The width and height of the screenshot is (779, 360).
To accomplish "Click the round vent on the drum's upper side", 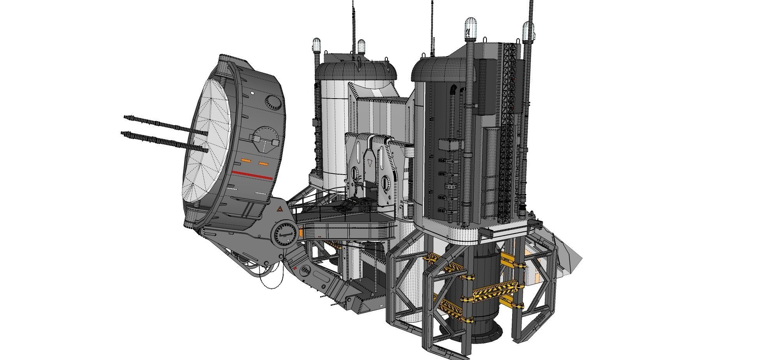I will tap(273, 102).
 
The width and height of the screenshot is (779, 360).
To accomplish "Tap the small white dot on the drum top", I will tap(252, 93).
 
